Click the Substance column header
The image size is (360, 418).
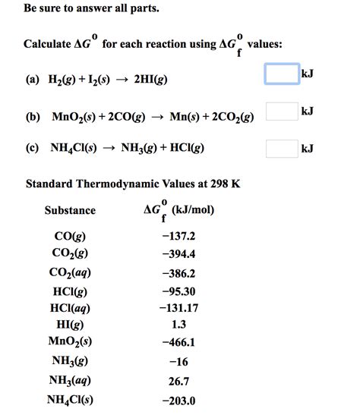(x=70, y=210)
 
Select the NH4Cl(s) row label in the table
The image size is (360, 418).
(x=70, y=400)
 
